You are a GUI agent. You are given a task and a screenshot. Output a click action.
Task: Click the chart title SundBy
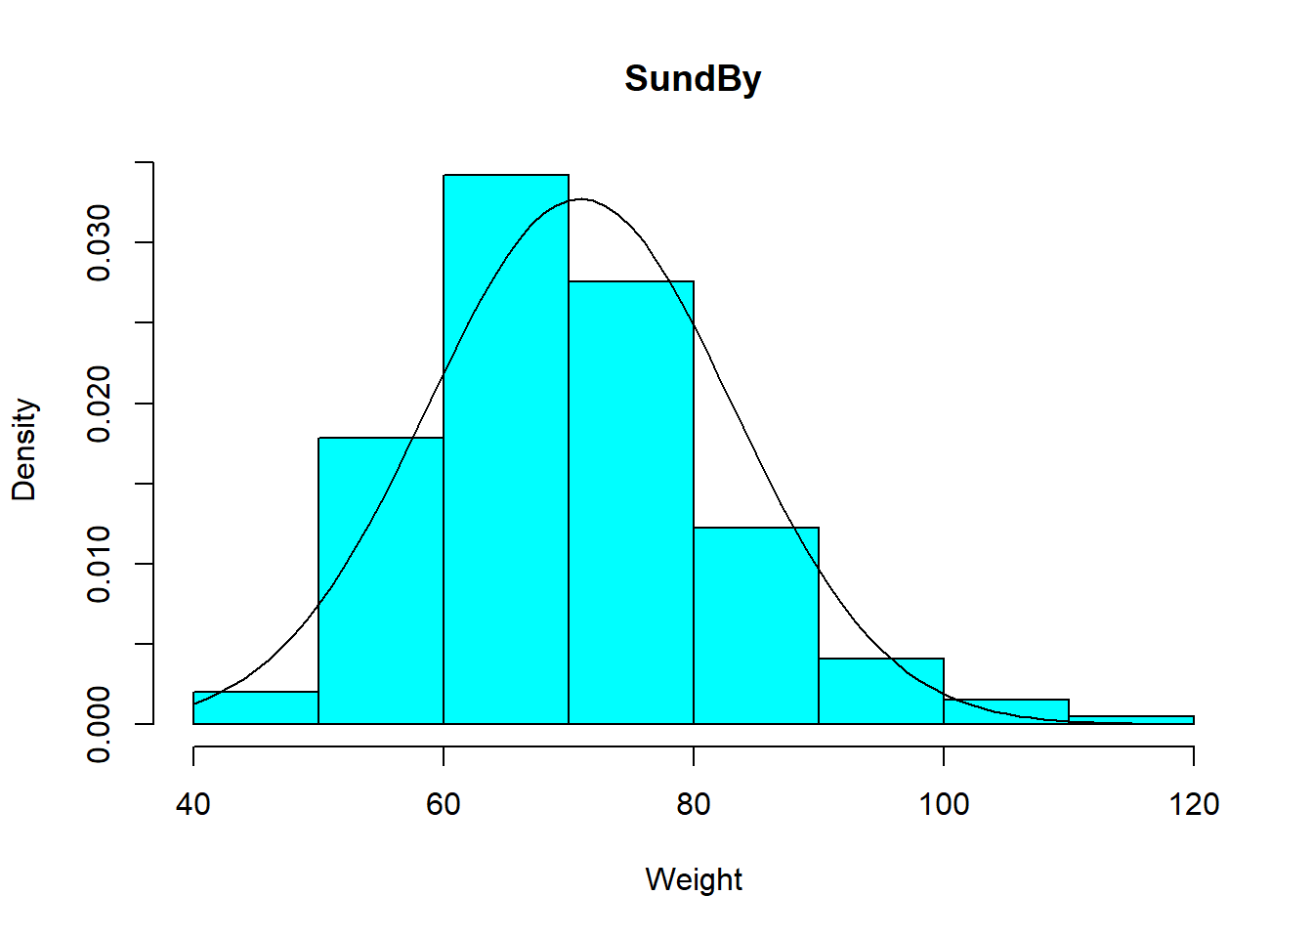point(693,78)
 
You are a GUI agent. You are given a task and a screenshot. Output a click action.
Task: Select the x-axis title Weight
point(694,879)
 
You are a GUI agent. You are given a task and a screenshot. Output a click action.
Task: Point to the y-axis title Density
point(24,449)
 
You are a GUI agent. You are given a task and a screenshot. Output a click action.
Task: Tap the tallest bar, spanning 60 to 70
point(506,449)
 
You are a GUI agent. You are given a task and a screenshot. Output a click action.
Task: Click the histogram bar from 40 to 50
point(256,708)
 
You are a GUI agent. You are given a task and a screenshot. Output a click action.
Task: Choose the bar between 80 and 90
point(756,625)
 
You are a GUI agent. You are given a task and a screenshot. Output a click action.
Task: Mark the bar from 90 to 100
point(881,692)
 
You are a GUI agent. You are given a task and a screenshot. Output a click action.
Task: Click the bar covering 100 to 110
point(1006,712)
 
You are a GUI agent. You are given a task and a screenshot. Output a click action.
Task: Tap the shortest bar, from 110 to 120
point(1131,720)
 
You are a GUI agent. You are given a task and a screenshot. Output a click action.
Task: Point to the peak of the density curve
point(581,199)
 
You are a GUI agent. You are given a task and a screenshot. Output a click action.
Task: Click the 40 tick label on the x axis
point(193,804)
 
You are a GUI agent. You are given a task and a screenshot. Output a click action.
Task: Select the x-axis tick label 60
point(444,804)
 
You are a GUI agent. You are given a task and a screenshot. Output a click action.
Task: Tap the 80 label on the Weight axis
point(694,804)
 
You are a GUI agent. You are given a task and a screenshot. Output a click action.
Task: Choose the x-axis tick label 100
point(944,804)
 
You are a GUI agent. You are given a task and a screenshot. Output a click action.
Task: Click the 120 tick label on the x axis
point(1194,804)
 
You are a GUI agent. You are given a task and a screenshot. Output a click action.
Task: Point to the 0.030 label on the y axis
point(99,242)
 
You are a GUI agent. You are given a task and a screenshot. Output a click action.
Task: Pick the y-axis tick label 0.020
point(99,404)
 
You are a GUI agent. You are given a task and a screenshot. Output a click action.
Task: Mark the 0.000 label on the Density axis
point(99,724)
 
